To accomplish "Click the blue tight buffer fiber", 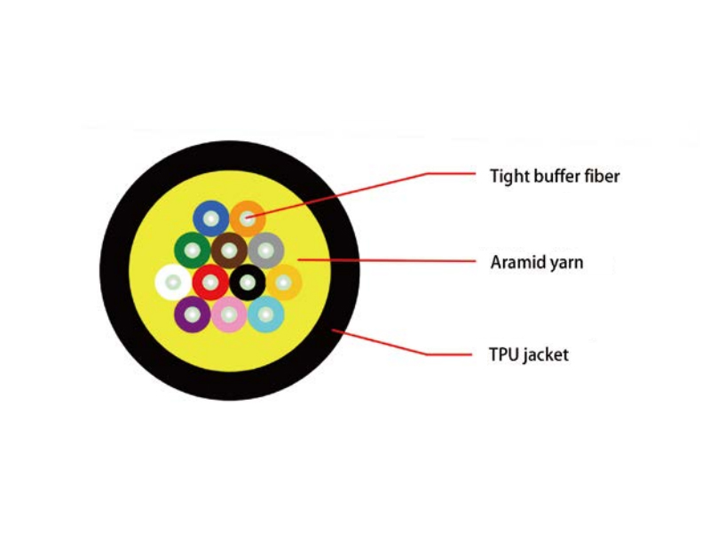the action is pos(210,219).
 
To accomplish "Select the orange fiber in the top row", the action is pos(248,219).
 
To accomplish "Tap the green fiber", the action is pos(193,251).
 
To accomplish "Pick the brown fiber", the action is pos(229,251).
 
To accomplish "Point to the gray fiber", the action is pos(266,251).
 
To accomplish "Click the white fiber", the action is pos(173,282).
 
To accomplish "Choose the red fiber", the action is pos(210,282).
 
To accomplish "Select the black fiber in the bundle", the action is pos(248,282).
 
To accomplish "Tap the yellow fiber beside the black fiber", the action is pos(284,282).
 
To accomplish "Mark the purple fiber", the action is pos(193,314).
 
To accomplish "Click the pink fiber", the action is pos(229,314).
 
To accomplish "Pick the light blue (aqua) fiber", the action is pos(266,314).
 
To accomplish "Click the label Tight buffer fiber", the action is pos(555,176).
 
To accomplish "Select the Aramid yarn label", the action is pos(537,262).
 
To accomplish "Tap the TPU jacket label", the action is pos(528,354).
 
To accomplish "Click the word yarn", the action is pos(566,264).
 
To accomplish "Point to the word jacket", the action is pos(546,354).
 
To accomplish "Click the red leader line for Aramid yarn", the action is pos(387,260).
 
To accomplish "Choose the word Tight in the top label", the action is pos(509,176).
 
